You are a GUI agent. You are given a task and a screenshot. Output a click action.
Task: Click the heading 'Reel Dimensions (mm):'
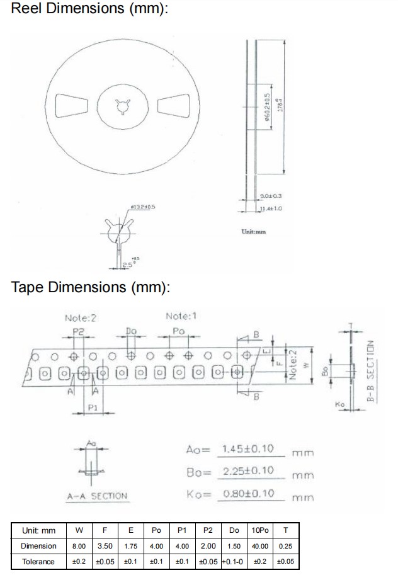pyautogui.click(x=90, y=10)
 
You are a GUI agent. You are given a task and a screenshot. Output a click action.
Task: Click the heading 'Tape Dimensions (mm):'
pyautogui.click(x=91, y=288)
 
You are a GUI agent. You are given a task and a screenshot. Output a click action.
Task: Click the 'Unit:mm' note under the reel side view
pyautogui.click(x=253, y=232)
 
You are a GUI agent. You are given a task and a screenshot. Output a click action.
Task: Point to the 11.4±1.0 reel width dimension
pyautogui.click(x=271, y=208)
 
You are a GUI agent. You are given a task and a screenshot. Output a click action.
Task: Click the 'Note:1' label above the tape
pyautogui.click(x=181, y=316)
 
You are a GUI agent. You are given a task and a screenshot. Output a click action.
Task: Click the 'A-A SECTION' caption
pyautogui.click(x=97, y=496)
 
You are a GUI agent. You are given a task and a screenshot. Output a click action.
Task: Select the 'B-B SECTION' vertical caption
pyautogui.click(x=371, y=372)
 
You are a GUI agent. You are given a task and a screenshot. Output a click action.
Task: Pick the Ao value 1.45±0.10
pyautogui.click(x=249, y=449)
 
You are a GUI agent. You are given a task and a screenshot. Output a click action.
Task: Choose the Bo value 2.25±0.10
pyautogui.click(x=249, y=471)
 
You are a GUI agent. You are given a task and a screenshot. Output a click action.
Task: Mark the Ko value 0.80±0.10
pyautogui.click(x=249, y=493)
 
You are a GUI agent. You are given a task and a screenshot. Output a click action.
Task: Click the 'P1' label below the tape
pyautogui.click(x=92, y=408)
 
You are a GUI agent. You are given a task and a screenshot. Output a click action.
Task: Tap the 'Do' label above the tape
pyautogui.click(x=131, y=330)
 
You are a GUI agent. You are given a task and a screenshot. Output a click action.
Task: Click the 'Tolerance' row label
pyautogui.click(x=38, y=561)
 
